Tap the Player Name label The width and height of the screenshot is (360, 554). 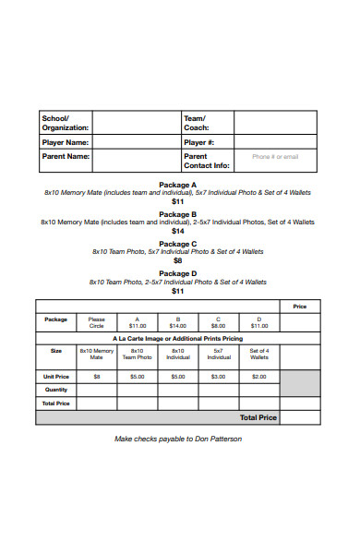pyautogui.click(x=65, y=143)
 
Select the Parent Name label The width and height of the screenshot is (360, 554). pyautogui.click(x=65, y=157)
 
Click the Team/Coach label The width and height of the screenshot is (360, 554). pyautogui.click(x=196, y=122)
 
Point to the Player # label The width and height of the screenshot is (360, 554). pyautogui.click(x=199, y=143)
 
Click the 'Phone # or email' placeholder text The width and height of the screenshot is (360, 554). pyautogui.click(x=275, y=157)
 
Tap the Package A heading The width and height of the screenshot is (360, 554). pyautogui.click(x=178, y=185)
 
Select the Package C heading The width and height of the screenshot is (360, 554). pyautogui.click(x=178, y=244)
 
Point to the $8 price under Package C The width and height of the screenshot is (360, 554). pyautogui.click(x=178, y=260)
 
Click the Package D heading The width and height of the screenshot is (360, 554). pyautogui.click(x=178, y=273)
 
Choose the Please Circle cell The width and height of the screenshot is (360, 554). pyautogui.click(x=96, y=322)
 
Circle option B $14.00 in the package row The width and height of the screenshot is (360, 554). pyautogui.click(x=178, y=322)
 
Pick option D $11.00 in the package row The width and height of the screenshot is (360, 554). pyautogui.click(x=259, y=322)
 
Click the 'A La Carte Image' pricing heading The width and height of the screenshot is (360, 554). pyautogui.click(x=178, y=339)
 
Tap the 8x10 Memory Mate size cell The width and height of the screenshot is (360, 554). pyautogui.click(x=96, y=354)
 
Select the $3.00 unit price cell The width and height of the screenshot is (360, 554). pyautogui.click(x=219, y=377)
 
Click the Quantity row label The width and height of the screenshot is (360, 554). pyautogui.click(x=56, y=390)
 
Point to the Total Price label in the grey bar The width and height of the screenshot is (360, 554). pyautogui.click(x=258, y=417)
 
